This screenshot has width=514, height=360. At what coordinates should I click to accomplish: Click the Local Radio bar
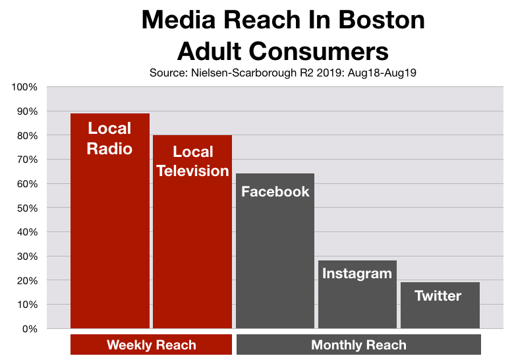tap(110, 224)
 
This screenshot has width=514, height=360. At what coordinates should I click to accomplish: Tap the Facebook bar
tap(275, 257)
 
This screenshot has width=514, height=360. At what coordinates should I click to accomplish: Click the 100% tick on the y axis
tap(26, 87)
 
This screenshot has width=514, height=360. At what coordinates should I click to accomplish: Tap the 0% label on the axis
tap(30, 328)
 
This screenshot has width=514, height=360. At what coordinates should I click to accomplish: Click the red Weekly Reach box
tap(151, 345)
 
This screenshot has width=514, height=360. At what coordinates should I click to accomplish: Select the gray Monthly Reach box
tap(358, 345)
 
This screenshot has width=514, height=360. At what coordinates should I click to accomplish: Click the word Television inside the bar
tap(192, 171)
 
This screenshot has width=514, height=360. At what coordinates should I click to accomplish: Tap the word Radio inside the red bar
tap(110, 148)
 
